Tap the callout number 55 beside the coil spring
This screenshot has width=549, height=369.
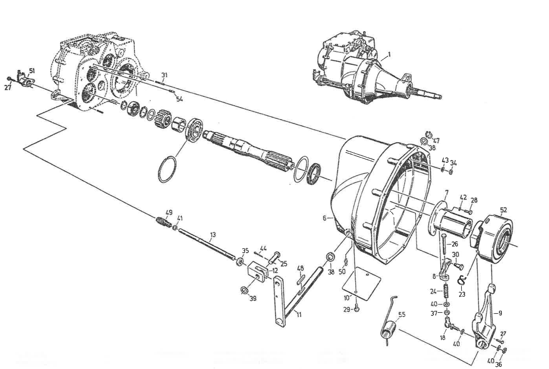[402, 315]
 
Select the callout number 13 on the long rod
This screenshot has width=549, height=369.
[212, 234]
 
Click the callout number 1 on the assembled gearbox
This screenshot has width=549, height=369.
[389, 54]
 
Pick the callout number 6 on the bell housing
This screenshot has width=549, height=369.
[324, 218]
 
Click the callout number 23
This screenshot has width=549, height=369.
[462, 294]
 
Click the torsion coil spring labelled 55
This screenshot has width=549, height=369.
[389, 331]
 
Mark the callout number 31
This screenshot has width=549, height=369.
[164, 75]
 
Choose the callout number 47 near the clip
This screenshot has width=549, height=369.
[436, 141]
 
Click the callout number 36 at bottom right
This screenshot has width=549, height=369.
[498, 364]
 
